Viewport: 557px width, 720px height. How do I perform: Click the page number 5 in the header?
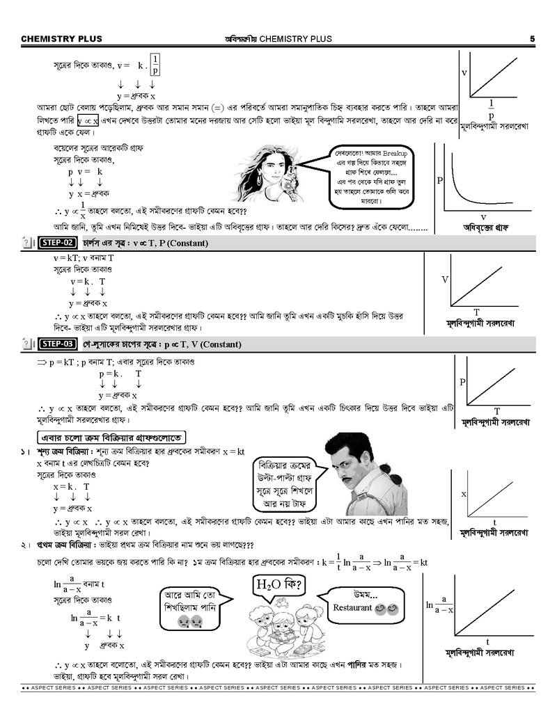coord(532,39)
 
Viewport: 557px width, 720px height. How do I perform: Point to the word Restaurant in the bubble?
coord(353,607)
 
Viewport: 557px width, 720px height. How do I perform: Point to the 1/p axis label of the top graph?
coord(491,109)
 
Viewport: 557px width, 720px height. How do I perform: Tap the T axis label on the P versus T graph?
coord(496,410)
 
